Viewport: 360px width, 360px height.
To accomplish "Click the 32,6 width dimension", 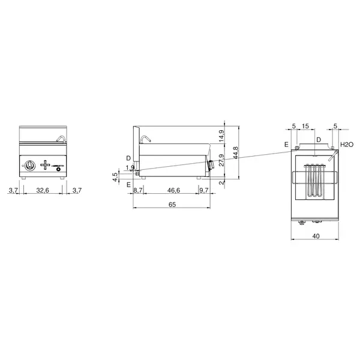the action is [x=43, y=190].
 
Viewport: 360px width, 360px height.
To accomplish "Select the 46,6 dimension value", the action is [x=174, y=190].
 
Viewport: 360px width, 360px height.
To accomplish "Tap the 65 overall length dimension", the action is [x=172, y=205].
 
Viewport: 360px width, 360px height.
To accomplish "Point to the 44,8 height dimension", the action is [x=236, y=153].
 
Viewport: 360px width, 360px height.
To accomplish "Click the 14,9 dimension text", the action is [x=221, y=136].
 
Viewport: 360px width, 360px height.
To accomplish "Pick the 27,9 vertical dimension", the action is [x=221, y=160].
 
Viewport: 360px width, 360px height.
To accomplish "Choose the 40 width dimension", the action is [x=316, y=236].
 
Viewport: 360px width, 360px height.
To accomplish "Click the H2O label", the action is [x=347, y=145].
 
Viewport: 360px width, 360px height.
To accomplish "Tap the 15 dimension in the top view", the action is [x=305, y=126].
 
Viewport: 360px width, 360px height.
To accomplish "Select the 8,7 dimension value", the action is [x=138, y=190].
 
